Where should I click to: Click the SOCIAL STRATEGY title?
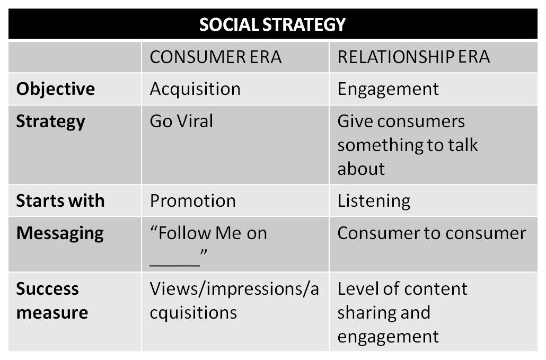click(x=272, y=24)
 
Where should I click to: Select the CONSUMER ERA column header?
click(x=216, y=57)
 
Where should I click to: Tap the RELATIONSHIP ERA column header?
click(x=413, y=57)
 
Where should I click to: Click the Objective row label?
click(x=55, y=89)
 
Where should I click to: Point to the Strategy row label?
click(x=50, y=122)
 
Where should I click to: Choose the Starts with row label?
click(x=60, y=201)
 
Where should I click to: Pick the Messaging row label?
click(x=60, y=234)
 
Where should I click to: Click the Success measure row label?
click(x=52, y=301)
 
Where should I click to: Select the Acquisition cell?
click(x=195, y=89)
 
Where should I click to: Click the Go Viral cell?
click(x=181, y=121)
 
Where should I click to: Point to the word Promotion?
click(x=192, y=201)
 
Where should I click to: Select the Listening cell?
click(x=374, y=201)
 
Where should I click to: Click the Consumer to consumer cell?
click(x=431, y=233)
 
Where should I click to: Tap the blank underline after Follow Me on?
click(x=174, y=265)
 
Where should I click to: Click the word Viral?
click(x=195, y=121)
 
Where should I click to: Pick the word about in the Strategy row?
click(x=361, y=169)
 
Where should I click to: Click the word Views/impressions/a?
click(x=234, y=289)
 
